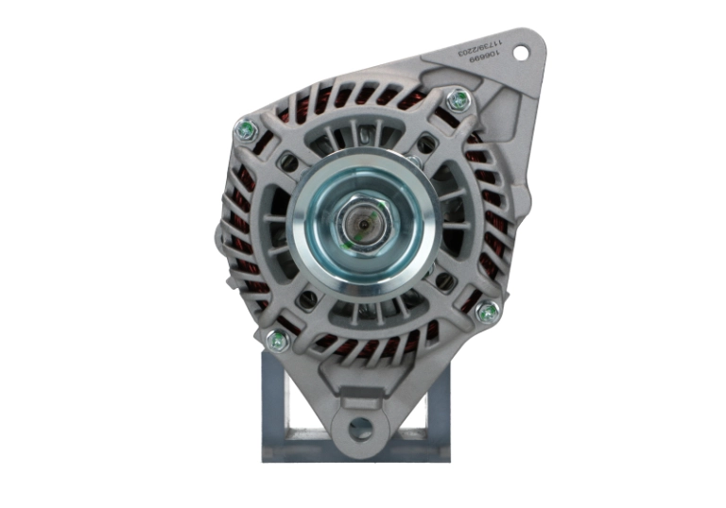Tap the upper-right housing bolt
point(458,98)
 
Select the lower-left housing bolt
point(276,339)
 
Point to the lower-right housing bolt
point(487,313)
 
